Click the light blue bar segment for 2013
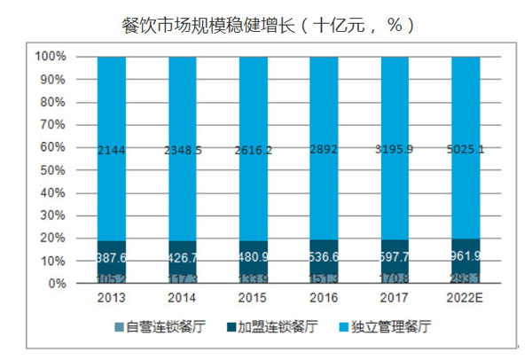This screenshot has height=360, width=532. pos(111,106)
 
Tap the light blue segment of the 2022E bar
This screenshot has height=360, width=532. pos(465,106)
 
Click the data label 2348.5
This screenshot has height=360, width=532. pos(182,152)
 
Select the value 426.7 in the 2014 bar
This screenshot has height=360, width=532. pos(182,262)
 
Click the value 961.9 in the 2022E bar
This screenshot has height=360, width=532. pos(465,262)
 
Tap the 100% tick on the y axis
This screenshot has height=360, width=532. pos(51,57)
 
